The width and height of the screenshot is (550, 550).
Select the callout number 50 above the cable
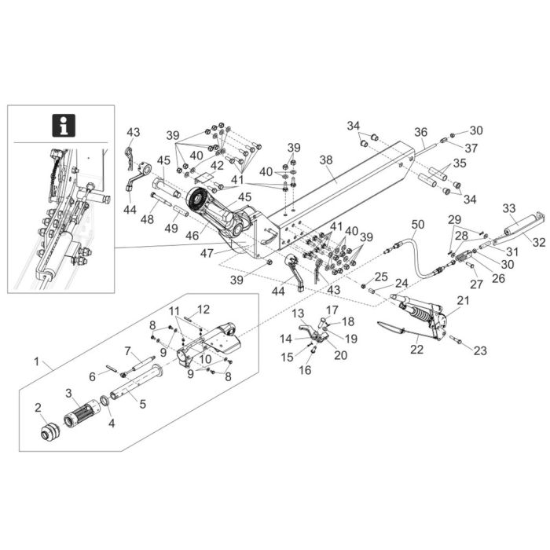[417, 224]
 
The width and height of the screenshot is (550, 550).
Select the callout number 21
[463, 301]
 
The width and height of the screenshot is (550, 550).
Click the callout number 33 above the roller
[508, 207]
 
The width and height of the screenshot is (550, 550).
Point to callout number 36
[421, 132]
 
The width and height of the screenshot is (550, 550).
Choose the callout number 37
[471, 148]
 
